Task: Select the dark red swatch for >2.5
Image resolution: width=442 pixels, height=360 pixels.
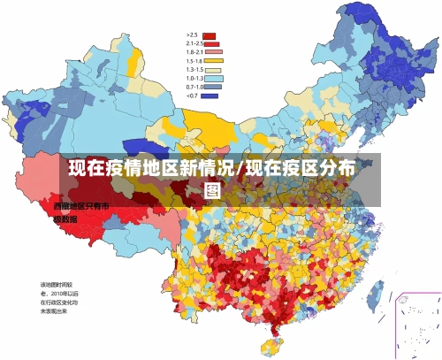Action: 210,36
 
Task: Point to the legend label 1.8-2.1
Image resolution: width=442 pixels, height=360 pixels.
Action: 194,52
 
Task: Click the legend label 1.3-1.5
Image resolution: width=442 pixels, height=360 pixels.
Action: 194,70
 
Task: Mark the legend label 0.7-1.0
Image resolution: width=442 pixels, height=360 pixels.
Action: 194,87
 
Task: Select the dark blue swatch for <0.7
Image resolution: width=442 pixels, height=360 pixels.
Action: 210,96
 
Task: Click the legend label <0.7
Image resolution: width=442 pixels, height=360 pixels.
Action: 192,96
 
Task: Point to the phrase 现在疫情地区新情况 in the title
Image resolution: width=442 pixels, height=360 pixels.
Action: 151,168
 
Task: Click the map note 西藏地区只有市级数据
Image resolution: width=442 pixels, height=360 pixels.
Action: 80,211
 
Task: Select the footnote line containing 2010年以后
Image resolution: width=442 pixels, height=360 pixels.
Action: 59,293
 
